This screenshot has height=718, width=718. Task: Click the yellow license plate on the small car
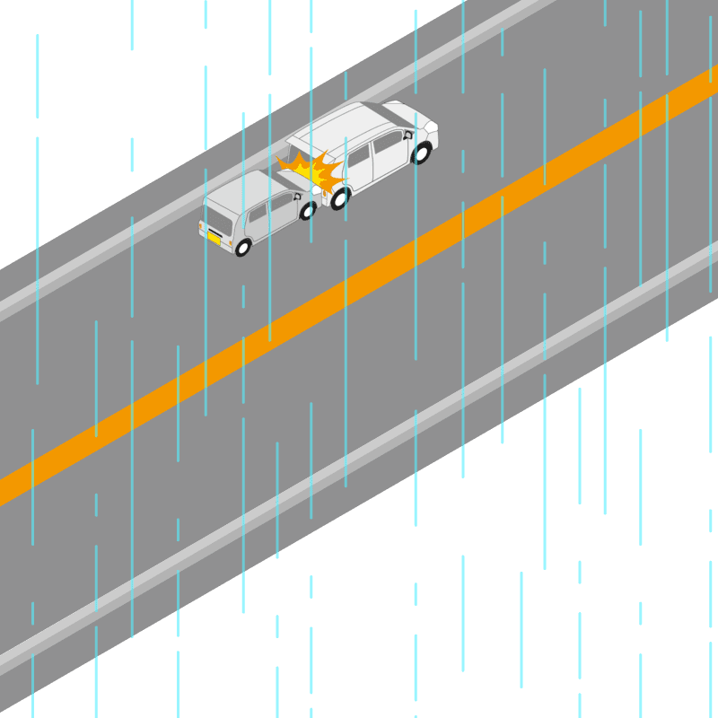tap(215, 238)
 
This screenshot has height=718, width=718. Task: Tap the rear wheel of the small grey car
tap(242, 247)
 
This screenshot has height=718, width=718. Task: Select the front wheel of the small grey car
tap(308, 211)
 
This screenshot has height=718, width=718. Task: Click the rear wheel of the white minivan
tap(339, 198)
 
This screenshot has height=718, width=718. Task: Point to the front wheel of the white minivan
tap(421, 153)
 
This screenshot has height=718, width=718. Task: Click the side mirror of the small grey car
tap(297, 196)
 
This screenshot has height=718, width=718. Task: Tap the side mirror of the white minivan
tap(407, 135)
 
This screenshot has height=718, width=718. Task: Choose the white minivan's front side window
tap(389, 142)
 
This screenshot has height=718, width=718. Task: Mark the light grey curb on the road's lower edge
tap(359, 449)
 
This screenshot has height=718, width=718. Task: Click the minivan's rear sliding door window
tap(359, 157)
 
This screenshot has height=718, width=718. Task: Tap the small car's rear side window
tap(258, 215)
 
